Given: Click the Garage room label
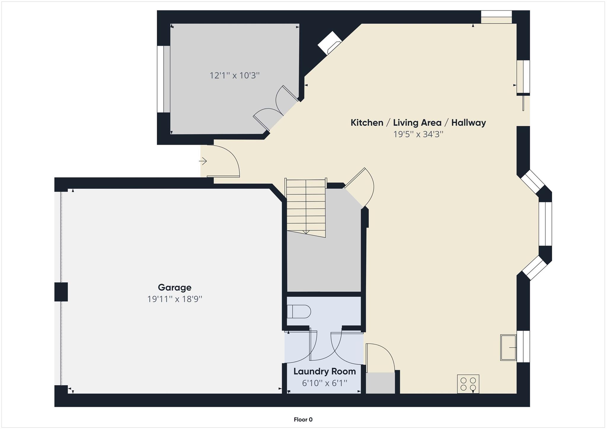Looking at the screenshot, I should point(174,287).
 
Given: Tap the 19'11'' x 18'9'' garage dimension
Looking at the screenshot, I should point(175,299).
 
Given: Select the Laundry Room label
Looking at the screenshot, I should point(325,372).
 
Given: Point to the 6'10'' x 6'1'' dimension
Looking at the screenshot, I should point(325,383).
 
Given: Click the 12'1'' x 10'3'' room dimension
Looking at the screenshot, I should point(234,76).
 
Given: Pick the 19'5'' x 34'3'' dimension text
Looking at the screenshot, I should point(418,134).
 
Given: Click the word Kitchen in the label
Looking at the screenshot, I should point(367,123).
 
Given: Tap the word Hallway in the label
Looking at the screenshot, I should point(468,123).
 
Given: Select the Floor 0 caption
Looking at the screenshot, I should point(303,420).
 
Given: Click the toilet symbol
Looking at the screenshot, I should point(299,312).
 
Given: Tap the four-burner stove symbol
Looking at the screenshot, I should point(468,384).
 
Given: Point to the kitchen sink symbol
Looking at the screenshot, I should point(508,347).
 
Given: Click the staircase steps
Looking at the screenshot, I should point(306,207).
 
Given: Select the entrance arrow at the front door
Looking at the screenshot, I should point(203,161).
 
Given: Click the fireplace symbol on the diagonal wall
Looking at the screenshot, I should point(329,43).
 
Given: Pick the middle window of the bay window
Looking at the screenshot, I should point(545,224).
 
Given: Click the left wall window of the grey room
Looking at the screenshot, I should point(164,79).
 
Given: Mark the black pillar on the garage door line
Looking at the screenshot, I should point(61,292).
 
